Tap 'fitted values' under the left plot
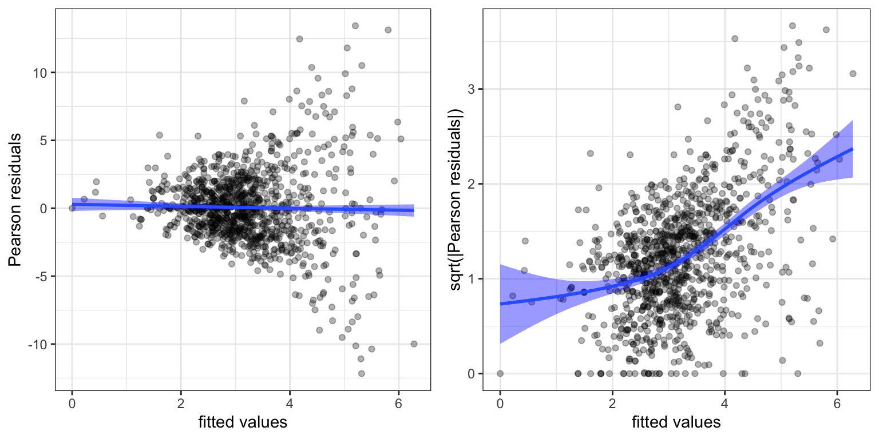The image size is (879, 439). click(243, 422)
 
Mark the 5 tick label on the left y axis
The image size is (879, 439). click(44, 141)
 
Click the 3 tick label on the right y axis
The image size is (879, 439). click(472, 89)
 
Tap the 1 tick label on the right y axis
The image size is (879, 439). click(472, 279)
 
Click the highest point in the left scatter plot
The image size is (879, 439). click(355, 26)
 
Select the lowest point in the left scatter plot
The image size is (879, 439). click(361, 373)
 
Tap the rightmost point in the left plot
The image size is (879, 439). click(414, 344)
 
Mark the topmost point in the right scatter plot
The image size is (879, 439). click(792, 26)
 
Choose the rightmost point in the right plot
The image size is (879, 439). click(853, 73)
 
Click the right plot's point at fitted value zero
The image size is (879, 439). click(500, 373)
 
